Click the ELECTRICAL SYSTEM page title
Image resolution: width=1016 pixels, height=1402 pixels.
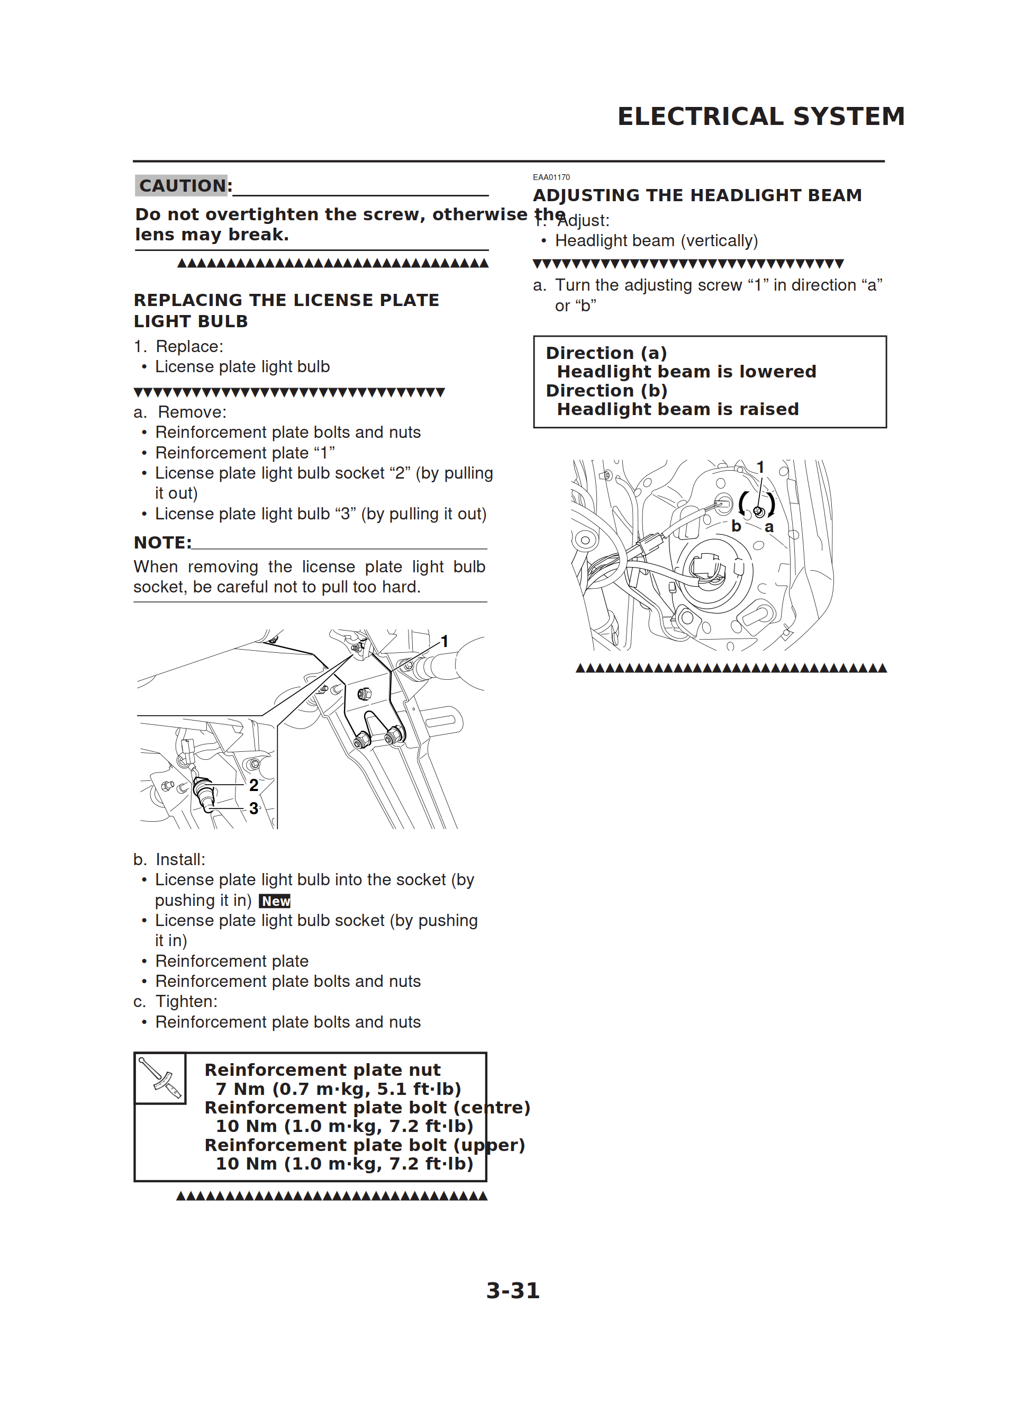pyautogui.click(x=761, y=116)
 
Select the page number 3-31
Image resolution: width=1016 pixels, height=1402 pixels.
pyautogui.click(x=512, y=1291)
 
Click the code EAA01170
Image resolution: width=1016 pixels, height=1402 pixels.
pyautogui.click(x=551, y=177)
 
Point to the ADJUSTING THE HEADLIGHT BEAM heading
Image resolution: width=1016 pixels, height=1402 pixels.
pyautogui.click(x=697, y=195)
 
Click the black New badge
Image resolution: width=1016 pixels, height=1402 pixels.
pyautogui.click(x=275, y=901)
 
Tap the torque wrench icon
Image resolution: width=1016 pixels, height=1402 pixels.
pyautogui.click(x=160, y=1078)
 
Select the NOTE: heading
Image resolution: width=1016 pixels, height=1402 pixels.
pyautogui.click(x=162, y=543)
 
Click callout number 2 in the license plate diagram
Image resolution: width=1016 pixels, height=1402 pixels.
pyautogui.click(x=253, y=785)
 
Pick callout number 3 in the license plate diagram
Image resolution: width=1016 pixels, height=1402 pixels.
pyautogui.click(x=253, y=808)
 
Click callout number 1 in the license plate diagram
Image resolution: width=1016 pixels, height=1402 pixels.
pyautogui.click(x=444, y=642)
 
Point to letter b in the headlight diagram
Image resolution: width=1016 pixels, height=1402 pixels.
pyautogui.click(x=736, y=526)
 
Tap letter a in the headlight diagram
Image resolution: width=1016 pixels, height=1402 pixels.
pyautogui.click(x=769, y=527)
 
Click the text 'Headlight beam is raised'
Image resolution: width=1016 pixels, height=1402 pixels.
pyautogui.click(x=677, y=409)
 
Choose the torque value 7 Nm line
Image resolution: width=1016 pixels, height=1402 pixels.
pyautogui.click(x=338, y=1089)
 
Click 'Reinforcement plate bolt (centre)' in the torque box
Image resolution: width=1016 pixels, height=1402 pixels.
pyautogui.click(x=367, y=1107)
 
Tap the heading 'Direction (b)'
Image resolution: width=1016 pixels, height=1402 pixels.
pyautogui.click(x=606, y=391)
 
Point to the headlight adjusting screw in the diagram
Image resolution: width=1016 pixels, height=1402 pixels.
pyautogui.click(x=759, y=511)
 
